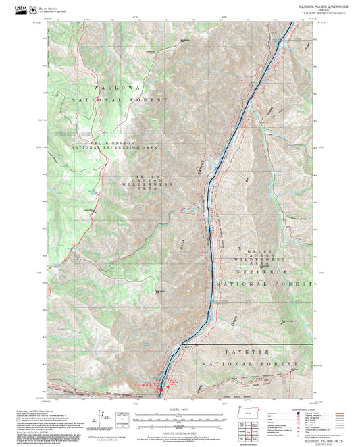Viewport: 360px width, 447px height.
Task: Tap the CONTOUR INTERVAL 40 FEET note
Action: (179, 431)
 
